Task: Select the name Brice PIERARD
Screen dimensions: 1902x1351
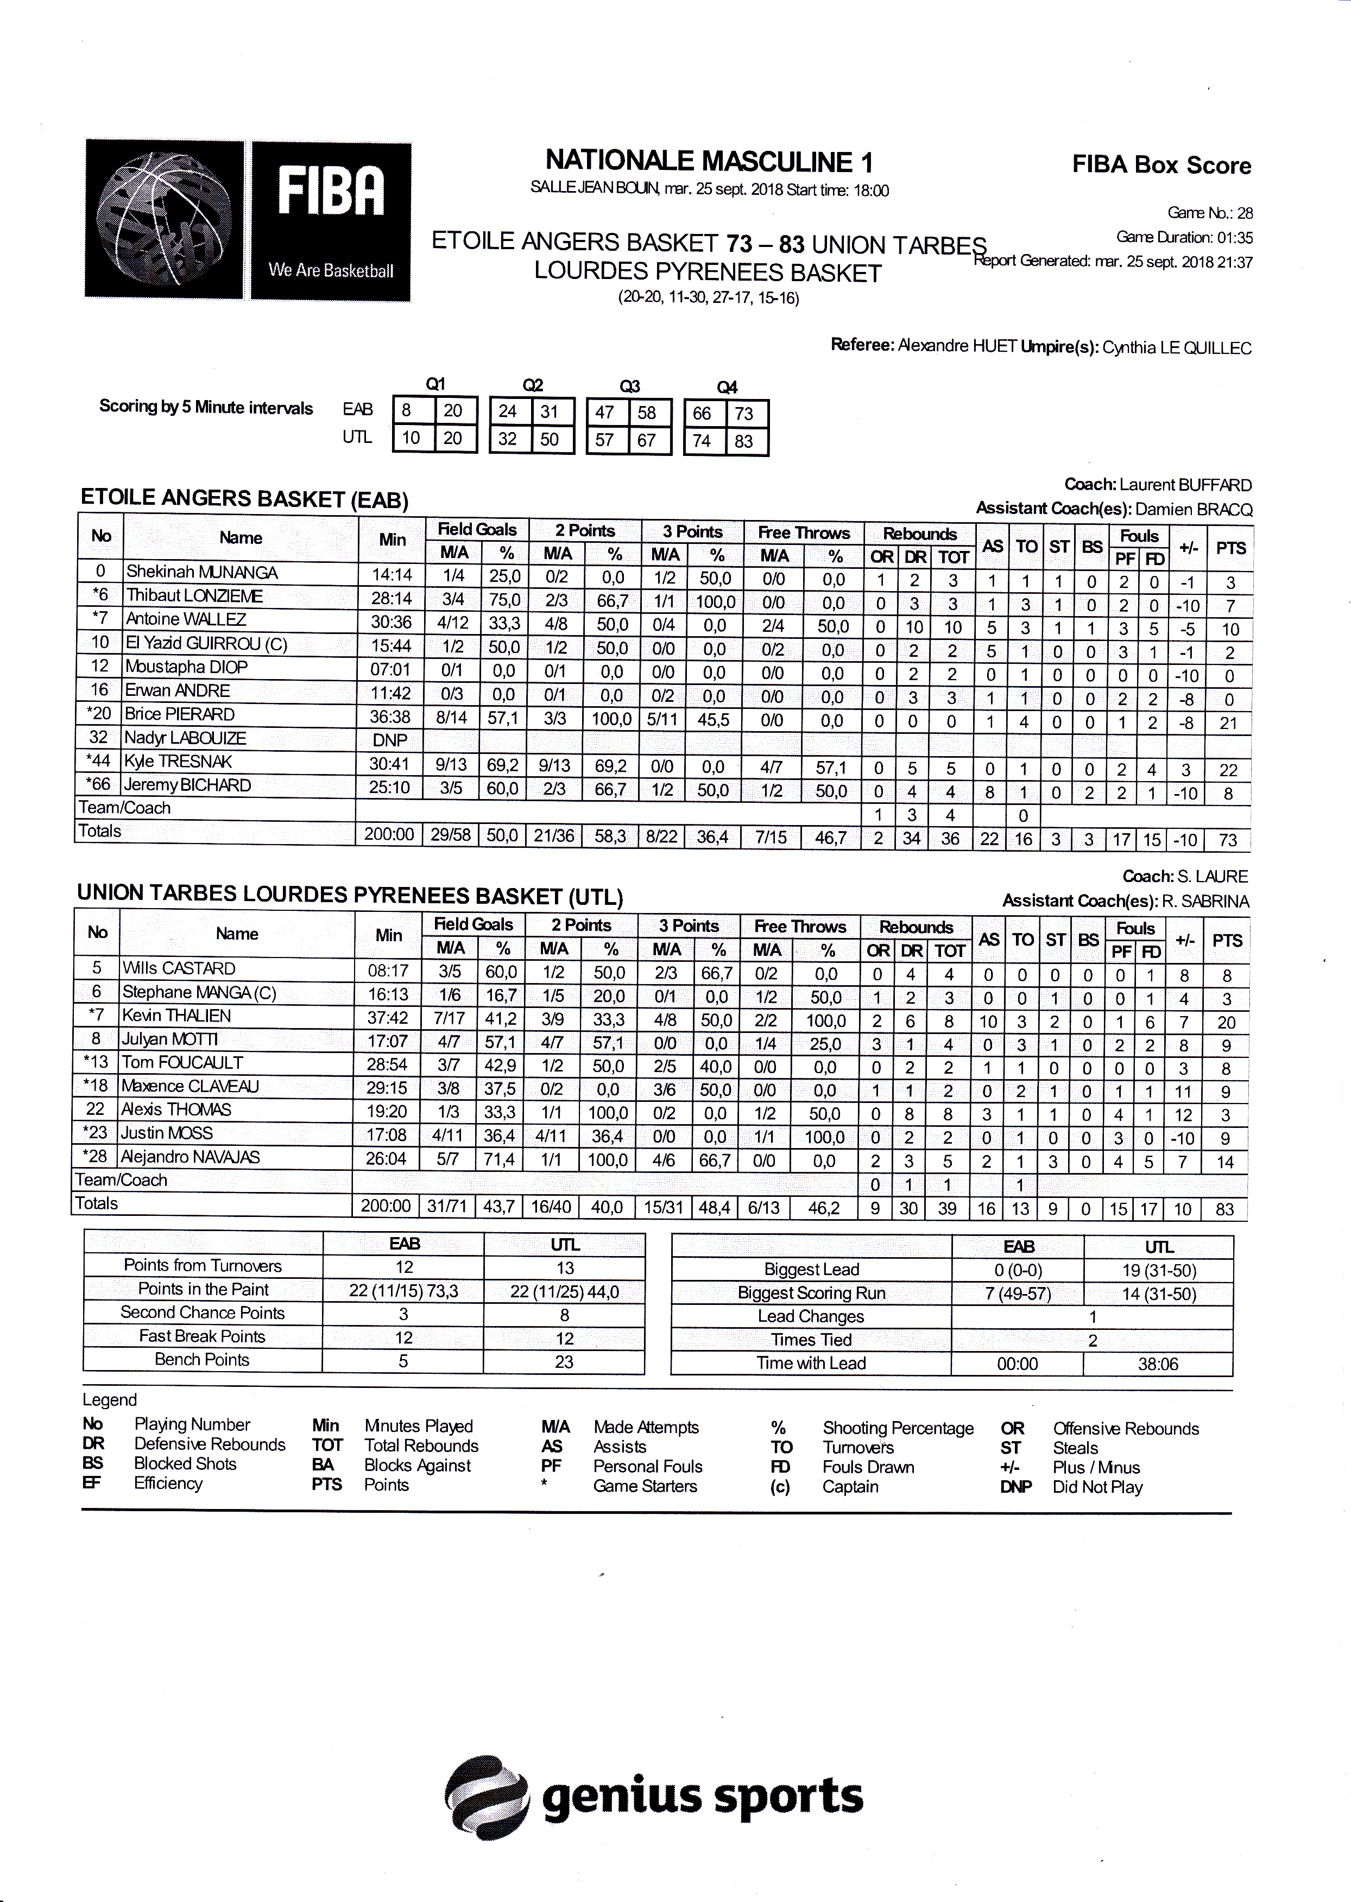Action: point(180,714)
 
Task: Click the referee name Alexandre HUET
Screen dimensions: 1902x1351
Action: point(957,347)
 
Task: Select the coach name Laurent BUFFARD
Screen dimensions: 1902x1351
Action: point(1185,485)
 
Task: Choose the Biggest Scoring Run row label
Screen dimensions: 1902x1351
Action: point(811,1293)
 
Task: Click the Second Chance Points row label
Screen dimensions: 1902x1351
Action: point(202,1313)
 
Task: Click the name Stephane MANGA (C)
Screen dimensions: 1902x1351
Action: point(198,992)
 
